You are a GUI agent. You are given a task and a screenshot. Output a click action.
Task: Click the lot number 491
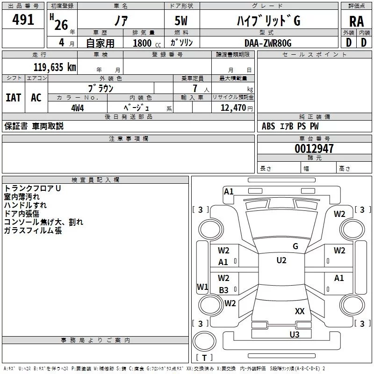[x=23, y=20]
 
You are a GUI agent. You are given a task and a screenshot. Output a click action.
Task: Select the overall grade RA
[x=356, y=22]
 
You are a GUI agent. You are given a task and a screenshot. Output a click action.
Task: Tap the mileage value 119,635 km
[x=55, y=67]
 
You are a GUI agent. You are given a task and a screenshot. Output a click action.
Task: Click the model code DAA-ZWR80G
[x=268, y=43]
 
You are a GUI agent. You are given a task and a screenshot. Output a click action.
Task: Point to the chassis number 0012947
[x=314, y=149]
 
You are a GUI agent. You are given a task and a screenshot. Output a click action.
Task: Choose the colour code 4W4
[x=78, y=108]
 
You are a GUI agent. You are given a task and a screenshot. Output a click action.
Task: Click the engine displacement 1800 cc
[x=147, y=43]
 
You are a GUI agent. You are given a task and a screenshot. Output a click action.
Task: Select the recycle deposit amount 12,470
[x=233, y=108]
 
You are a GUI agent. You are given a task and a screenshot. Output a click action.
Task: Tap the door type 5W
[x=181, y=21]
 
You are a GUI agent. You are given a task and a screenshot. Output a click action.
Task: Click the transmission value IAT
[x=14, y=98]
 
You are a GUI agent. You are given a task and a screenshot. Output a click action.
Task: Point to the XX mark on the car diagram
[x=300, y=311]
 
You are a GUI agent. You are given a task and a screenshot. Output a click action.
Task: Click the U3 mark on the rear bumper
[x=295, y=334]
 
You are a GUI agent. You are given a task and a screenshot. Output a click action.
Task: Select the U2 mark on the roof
[x=281, y=260]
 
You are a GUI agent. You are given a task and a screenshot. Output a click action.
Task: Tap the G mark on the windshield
[x=295, y=246]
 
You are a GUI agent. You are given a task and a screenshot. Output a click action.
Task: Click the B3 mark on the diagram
[x=223, y=290]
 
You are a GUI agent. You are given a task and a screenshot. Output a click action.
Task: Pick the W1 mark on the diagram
[x=202, y=287]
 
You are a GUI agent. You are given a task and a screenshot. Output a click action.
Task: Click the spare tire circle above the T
[x=204, y=341]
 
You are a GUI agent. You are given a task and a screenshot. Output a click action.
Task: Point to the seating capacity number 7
[x=195, y=88]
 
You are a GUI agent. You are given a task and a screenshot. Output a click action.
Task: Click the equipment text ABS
[x=268, y=126]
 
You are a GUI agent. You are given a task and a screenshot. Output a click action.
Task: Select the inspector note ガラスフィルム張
[x=33, y=230]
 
